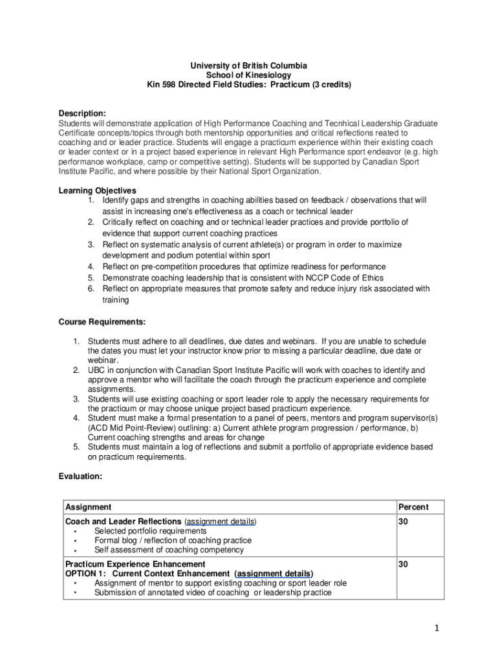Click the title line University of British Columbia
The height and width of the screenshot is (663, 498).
pos(248,65)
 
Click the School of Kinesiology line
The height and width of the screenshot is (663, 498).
pos(248,75)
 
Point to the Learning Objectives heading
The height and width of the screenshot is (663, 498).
pos(98,190)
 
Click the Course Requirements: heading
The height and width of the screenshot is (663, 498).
pos(102,321)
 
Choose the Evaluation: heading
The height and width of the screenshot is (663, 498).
pos(81,476)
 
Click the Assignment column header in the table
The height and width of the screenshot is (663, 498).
pos(89,507)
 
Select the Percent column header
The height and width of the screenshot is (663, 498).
pos(413,507)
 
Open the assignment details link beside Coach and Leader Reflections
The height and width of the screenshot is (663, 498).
pos(221,521)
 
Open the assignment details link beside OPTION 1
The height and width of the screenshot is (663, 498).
pos(274,574)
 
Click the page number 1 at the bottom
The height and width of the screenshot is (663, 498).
pos(437,628)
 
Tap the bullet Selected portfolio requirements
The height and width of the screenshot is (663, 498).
pos(150,531)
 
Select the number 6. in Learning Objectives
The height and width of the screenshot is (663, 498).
pos(92,289)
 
